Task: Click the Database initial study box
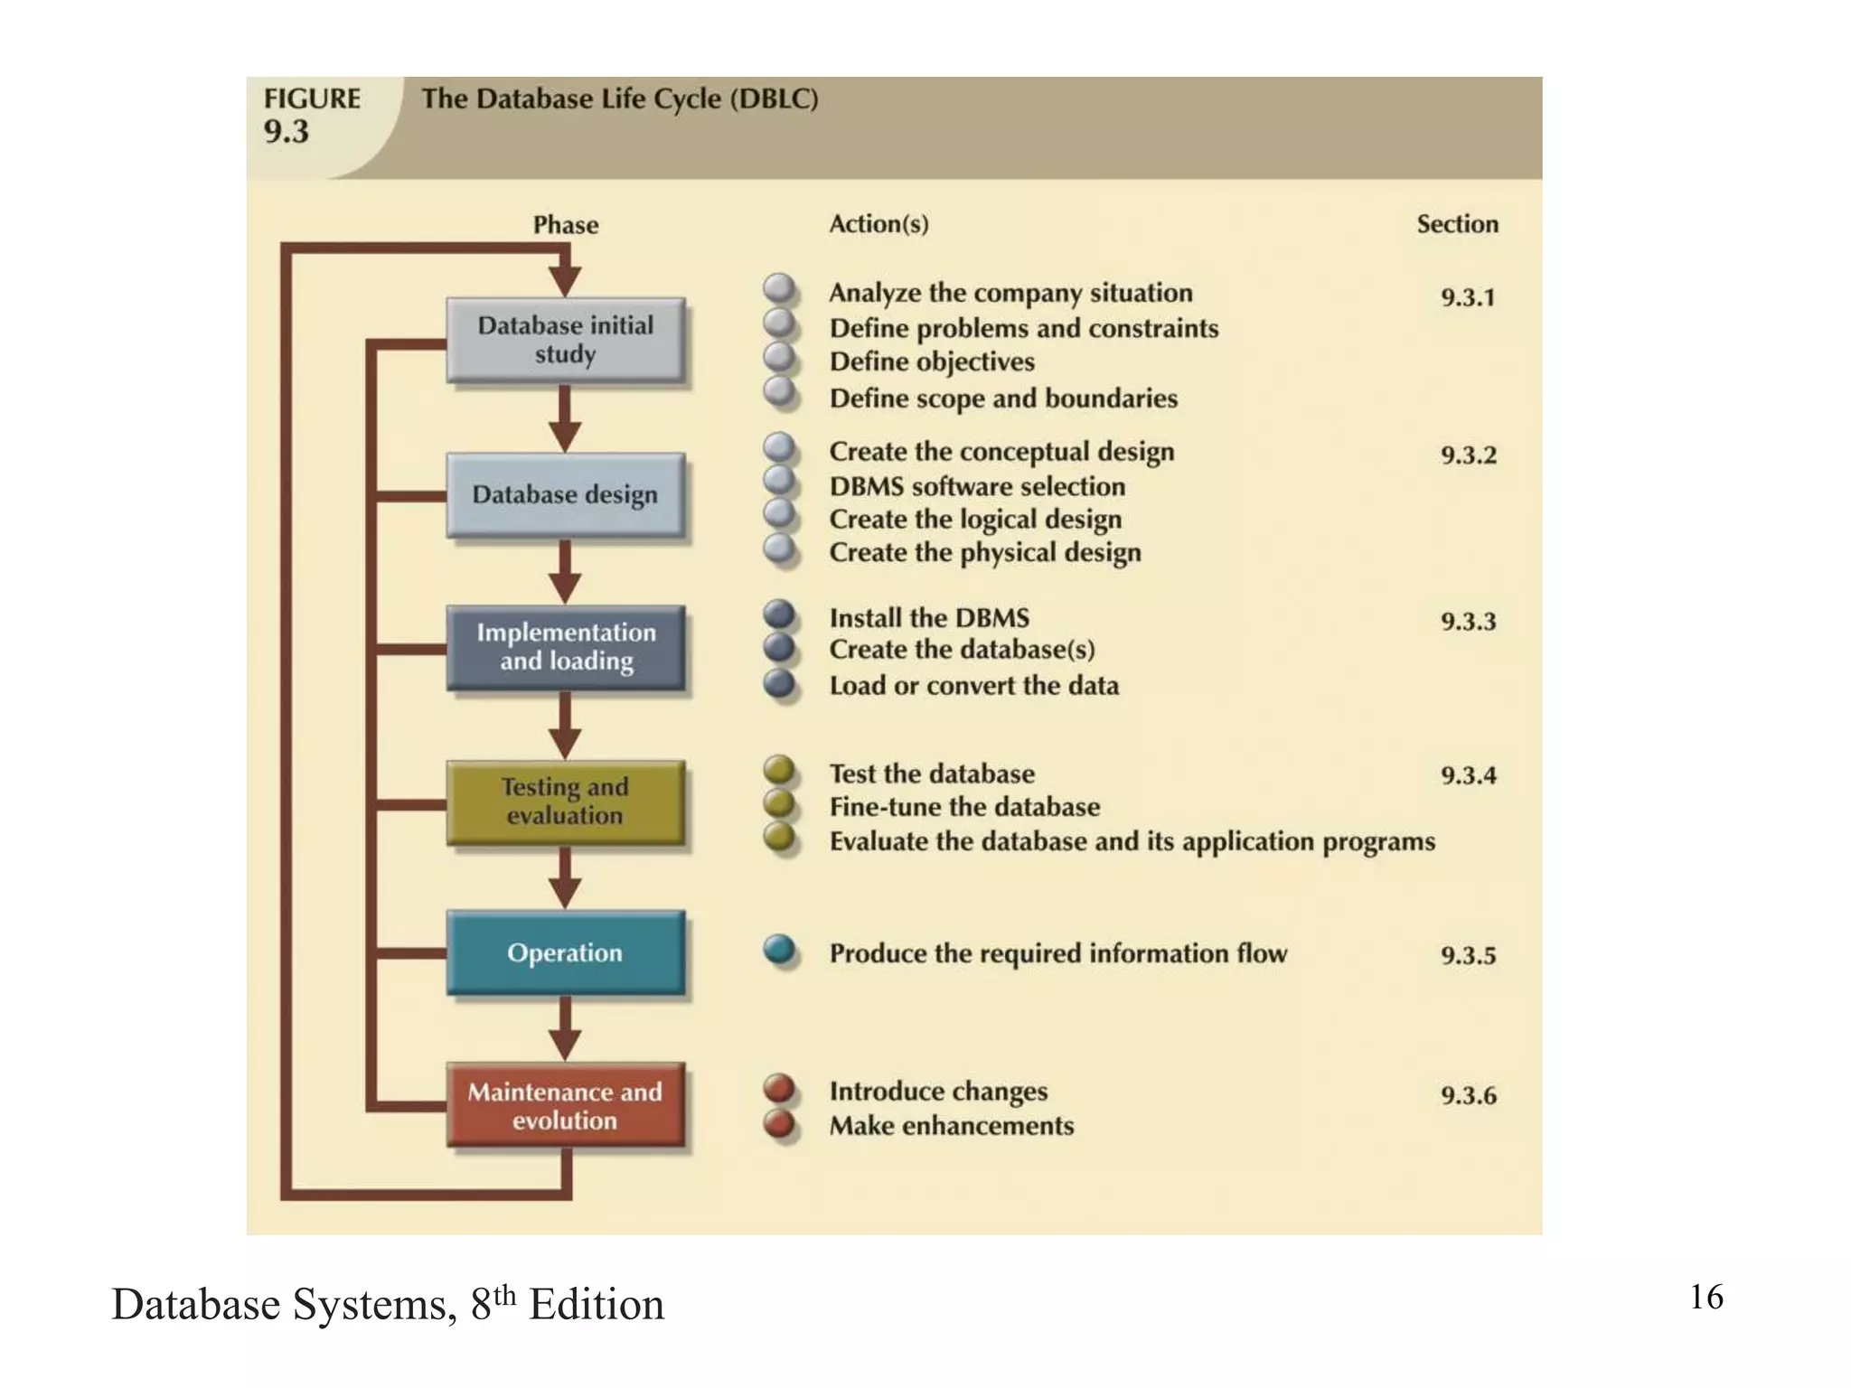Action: (565, 340)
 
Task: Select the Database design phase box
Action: (565, 495)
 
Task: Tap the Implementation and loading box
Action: (565, 647)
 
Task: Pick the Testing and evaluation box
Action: (565, 802)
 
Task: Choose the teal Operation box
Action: (565, 952)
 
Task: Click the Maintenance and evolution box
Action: (565, 1105)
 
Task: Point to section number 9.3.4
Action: (1468, 775)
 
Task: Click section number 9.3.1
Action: (1468, 297)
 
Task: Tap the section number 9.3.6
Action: (1468, 1095)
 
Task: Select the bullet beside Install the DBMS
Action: (779, 615)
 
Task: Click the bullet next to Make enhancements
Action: (779, 1124)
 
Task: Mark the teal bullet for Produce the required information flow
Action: (779, 951)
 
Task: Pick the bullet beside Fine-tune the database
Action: (779, 803)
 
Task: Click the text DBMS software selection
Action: (977, 486)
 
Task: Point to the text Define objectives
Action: (932, 361)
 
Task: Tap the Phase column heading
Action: (566, 224)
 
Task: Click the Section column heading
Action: (1457, 224)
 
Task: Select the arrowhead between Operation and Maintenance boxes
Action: (565, 1046)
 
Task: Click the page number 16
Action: (1706, 1297)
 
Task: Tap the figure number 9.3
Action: (287, 132)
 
